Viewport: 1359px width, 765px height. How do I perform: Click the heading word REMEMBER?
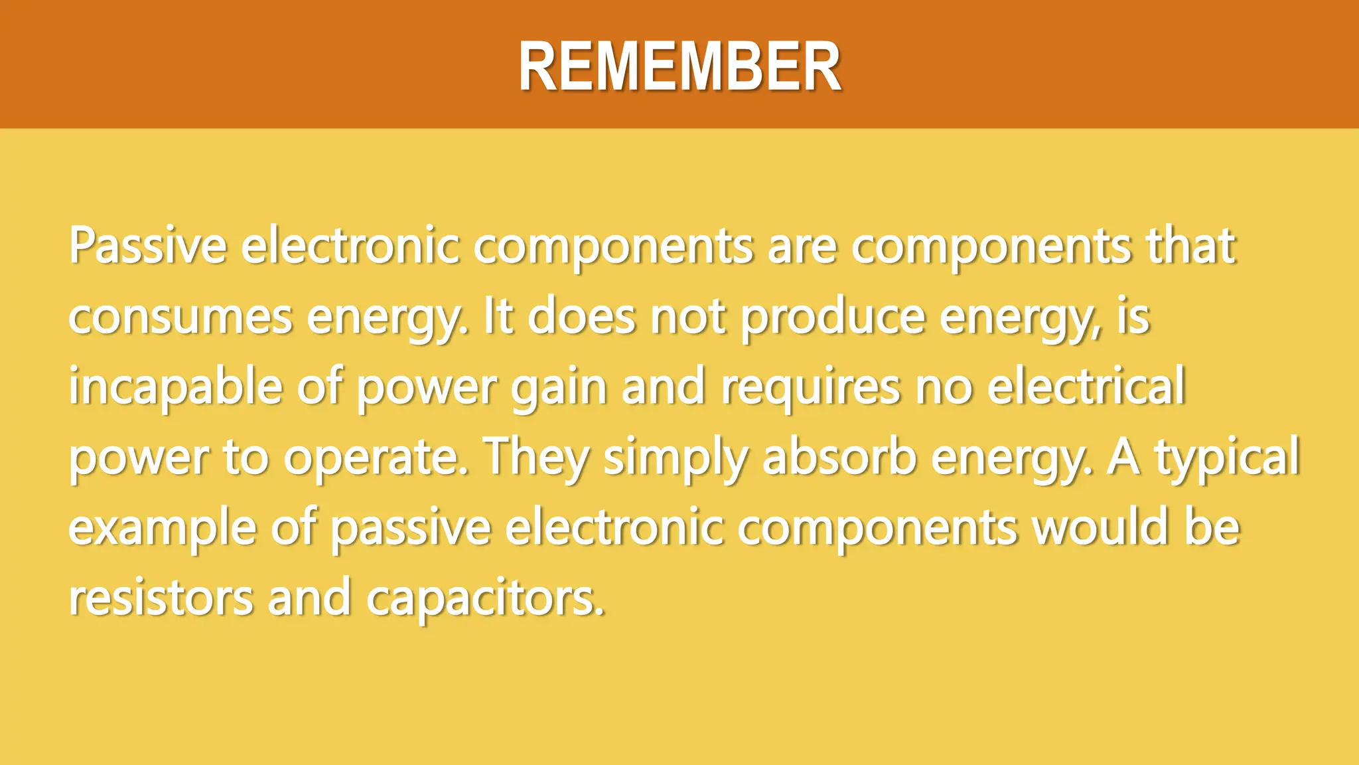tap(679, 67)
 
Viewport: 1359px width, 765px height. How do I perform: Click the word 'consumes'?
tap(180, 317)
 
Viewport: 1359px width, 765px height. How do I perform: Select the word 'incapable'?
tap(175, 388)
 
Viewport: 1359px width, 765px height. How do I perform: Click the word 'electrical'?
tap(1086, 386)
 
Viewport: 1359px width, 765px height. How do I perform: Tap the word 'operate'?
tap(376, 458)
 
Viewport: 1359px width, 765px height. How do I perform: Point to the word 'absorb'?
tap(839, 457)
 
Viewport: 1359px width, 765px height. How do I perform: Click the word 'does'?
tap(581, 317)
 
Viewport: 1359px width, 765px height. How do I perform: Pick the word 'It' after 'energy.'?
tap(498, 317)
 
